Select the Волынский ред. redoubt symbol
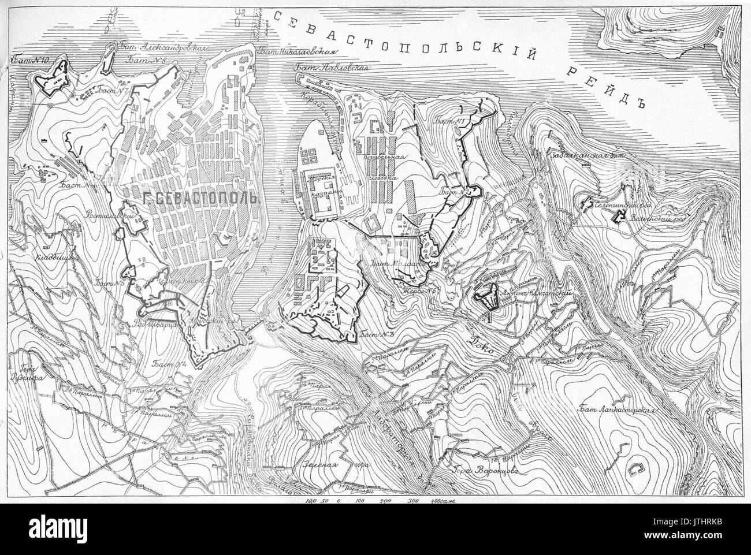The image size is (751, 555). (621, 217)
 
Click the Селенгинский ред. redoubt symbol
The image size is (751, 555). (589, 203)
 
